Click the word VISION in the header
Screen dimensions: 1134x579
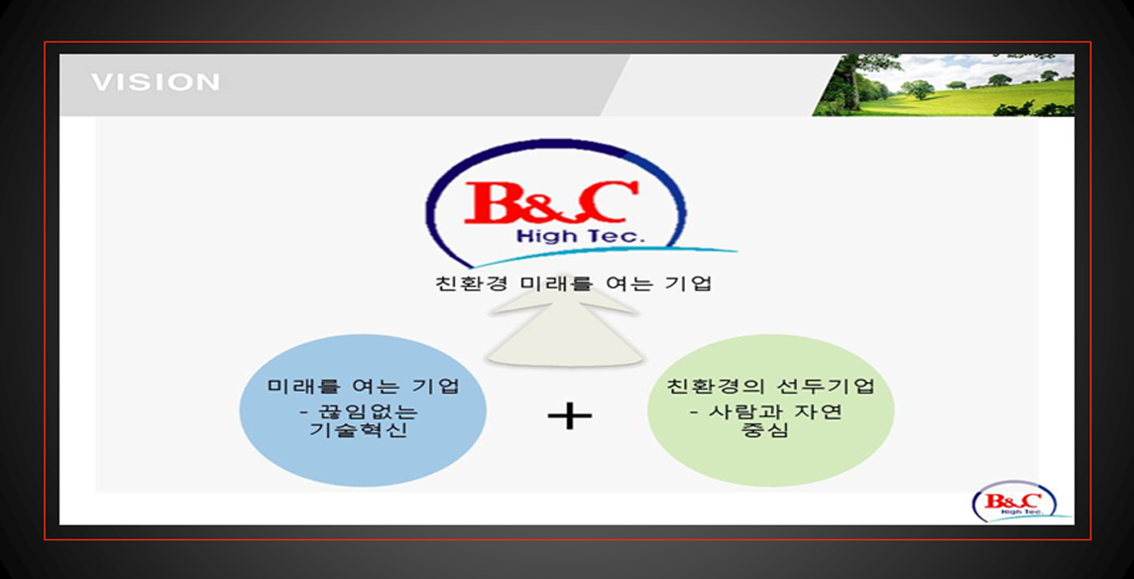click(x=156, y=81)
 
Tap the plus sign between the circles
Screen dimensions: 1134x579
click(x=570, y=416)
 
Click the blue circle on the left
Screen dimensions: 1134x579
click(x=363, y=410)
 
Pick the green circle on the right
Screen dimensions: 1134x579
click(x=771, y=409)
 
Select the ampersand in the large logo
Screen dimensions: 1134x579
click(x=552, y=203)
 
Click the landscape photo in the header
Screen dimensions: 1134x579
click(x=943, y=84)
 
